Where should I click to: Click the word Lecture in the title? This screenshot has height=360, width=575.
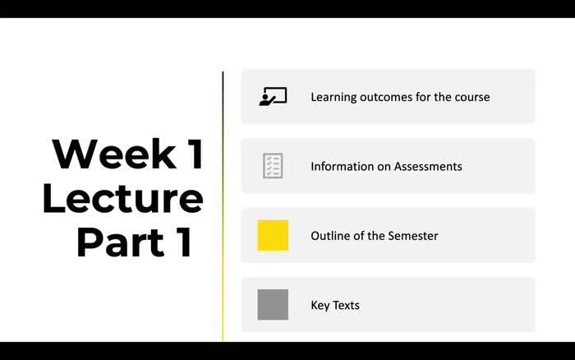(x=122, y=198)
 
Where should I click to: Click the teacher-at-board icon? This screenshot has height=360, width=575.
(x=273, y=97)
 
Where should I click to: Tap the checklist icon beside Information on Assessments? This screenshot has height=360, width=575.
(x=273, y=166)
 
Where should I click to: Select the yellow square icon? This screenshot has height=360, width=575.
(x=273, y=235)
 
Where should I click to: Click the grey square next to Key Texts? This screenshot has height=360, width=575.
(x=273, y=305)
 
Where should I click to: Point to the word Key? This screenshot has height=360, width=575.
(x=320, y=306)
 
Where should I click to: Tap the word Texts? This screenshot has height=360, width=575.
(x=347, y=306)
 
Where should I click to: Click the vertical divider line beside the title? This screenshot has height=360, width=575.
(x=223, y=205)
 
